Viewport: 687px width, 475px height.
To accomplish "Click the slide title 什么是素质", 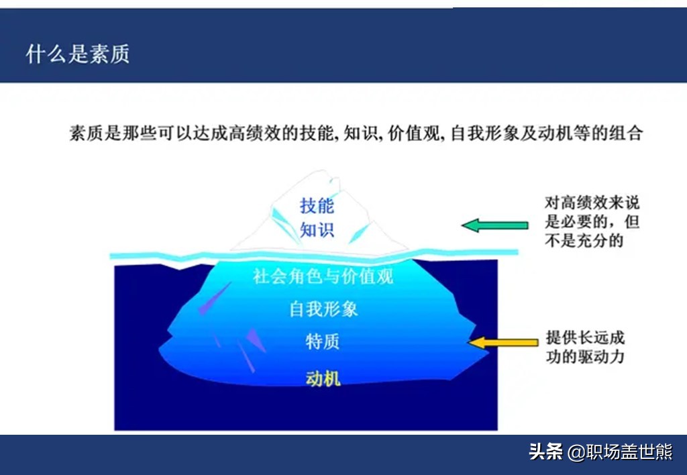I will point(77,54).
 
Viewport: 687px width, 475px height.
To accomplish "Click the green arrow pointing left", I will point(495,225).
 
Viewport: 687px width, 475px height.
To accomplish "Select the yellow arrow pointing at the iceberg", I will point(504,343).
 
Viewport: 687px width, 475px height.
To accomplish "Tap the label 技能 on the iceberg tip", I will point(317,206).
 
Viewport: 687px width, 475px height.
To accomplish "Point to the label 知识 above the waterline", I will point(317,230).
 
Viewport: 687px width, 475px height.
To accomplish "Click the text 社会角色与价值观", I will point(323,276).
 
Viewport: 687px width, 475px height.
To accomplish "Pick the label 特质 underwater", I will point(323,341).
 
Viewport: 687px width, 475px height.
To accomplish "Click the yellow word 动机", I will point(323,378).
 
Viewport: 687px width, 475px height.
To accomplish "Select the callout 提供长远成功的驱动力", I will point(585,347).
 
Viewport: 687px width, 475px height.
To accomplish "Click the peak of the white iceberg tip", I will point(327,173).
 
